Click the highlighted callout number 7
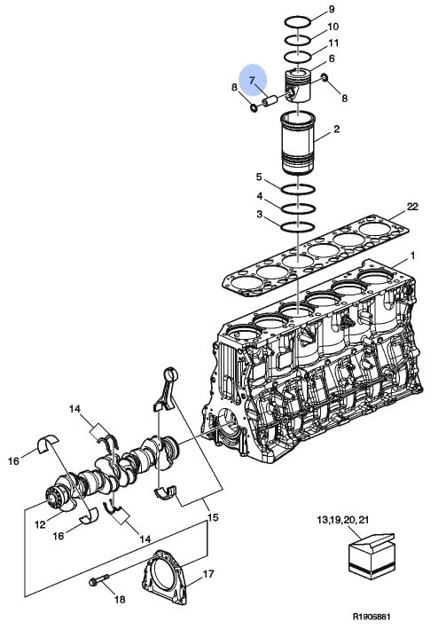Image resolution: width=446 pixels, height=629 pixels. [x=252, y=81]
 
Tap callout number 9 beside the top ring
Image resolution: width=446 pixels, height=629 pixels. [x=332, y=9]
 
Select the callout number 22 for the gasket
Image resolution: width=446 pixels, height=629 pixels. [x=412, y=207]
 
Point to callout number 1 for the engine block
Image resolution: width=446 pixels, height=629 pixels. [x=412, y=256]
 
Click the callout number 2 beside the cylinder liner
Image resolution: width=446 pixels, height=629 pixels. [x=337, y=130]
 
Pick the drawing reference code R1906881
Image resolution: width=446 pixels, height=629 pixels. [x=372, y=617]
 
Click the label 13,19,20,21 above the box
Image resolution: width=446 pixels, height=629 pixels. [x=343, y=520]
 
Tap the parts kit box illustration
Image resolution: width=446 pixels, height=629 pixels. [x=372, y=555]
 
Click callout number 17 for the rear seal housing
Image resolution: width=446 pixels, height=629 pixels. [x=208, y=575]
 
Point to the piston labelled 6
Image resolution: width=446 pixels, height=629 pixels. [x=298, y=86]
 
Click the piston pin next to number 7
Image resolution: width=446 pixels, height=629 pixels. [x=270, y=100]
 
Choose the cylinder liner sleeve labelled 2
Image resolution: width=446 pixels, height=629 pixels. [x=298, y=143]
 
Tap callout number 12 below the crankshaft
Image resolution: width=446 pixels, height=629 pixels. [x=40, y=524]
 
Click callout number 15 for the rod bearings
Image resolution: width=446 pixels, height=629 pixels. [x=213, y=517]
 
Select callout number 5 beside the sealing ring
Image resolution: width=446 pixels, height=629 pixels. [x=259, y=177]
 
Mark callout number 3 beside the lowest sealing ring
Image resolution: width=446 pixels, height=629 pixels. [x=260, y=215]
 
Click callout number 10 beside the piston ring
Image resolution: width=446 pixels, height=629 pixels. [x=333, y=27]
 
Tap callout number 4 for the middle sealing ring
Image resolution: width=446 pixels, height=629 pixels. [x=260, y=196]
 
